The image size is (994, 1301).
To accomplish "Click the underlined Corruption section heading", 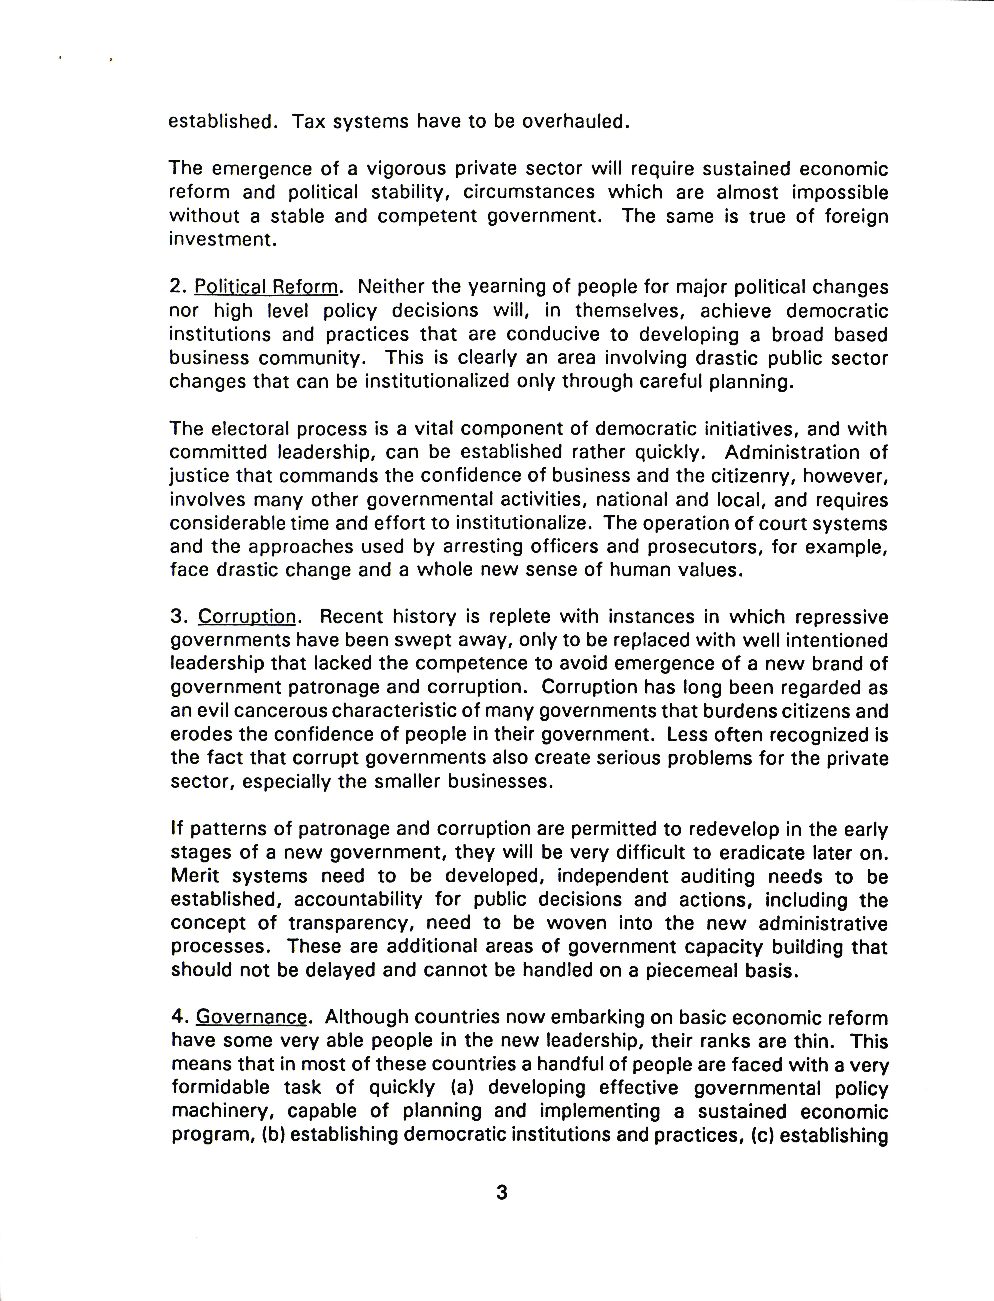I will (247, 617).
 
